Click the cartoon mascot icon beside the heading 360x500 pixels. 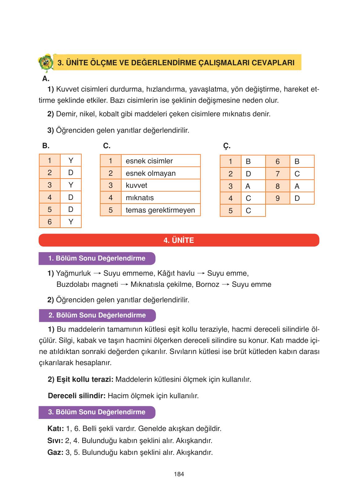coord(46,62)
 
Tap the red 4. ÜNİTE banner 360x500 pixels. coord(179,240)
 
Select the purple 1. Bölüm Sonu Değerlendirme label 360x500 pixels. coord(97,258)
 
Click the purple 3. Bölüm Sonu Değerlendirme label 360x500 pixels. coord(97,412)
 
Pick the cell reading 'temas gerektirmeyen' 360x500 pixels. coord(160,210)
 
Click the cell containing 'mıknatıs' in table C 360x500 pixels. coord(160,198)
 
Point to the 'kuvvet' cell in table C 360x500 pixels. coord(160,185)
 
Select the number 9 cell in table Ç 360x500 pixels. coord(278,198)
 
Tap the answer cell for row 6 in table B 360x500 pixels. coord(71,222)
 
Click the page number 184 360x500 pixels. coord(179,474)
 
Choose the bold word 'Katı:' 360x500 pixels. coord(56,429)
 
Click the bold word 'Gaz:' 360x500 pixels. coord(55,452)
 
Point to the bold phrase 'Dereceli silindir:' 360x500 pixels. coord(77,396)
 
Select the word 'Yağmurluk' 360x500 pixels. coord(73,273)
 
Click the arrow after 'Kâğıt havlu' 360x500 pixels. coord(201,273)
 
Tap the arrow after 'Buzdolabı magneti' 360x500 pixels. coord(124,285)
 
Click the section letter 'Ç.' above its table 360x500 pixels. coord(227,146)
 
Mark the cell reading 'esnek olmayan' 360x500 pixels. coord(160,173)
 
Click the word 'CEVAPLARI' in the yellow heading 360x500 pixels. coord(273,63)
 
